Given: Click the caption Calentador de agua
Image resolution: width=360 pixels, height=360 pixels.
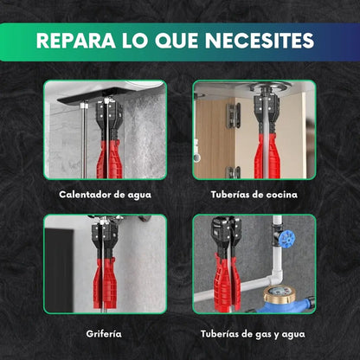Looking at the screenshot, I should (x=105, y=195).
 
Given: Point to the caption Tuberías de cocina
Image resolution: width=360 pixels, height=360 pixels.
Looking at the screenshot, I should (x=254, y=195).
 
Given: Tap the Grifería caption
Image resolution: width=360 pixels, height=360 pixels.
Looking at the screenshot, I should (x=104, y=333).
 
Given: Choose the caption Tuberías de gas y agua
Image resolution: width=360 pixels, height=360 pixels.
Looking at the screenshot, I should (x=254, y=333).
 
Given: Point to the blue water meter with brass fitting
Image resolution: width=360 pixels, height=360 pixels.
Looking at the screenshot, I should (x=288, y=299).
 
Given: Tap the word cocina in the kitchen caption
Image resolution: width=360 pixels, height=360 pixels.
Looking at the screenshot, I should (x=280, y=195).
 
